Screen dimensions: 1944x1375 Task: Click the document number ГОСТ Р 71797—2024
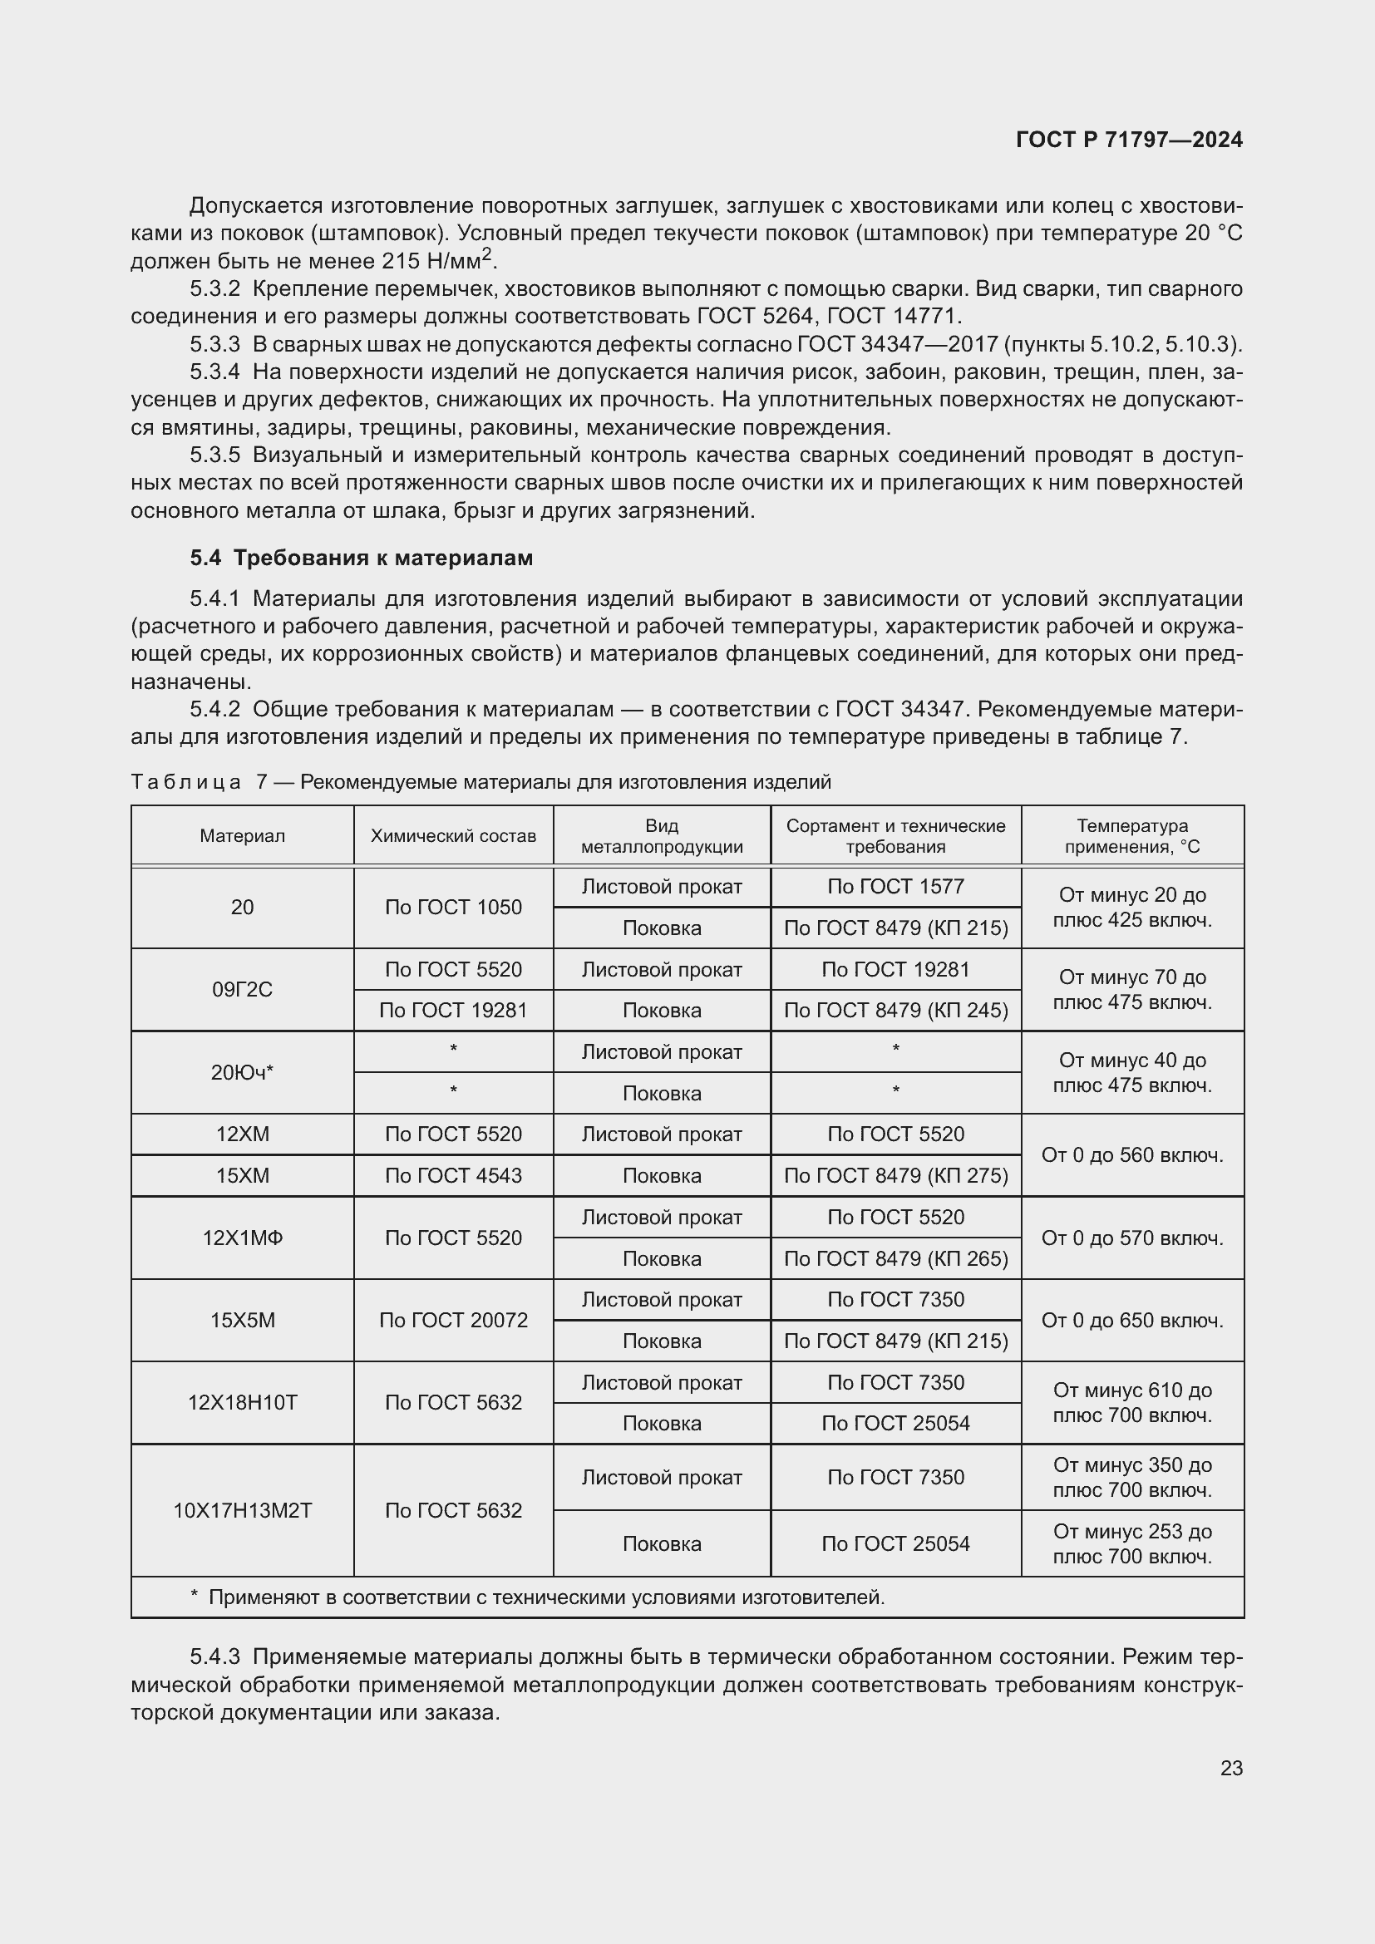coord(1129,140)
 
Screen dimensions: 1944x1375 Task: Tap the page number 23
coord(1231,1768)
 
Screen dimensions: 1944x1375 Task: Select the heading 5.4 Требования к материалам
coord(362,557)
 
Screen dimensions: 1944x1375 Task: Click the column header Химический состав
coord(453,835)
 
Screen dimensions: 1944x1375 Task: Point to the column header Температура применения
coord(1132,835)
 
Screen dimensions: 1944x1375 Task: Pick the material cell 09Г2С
coord(242,989)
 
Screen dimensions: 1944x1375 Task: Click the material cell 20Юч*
coord(242,1072)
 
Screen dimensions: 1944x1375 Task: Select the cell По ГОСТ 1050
coord(453,907)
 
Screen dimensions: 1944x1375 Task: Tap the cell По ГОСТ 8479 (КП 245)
coord(896,1010)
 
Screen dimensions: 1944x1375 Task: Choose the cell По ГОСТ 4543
coord(453,1175)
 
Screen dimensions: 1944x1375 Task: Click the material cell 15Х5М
coord(242,1320)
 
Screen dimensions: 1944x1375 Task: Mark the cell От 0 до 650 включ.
coord(1132,1320)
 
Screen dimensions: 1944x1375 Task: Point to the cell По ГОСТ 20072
coord(453,1320)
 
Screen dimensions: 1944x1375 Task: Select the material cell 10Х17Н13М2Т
coord(242,1510)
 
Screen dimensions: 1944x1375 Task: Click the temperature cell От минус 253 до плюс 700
coord(1132,1543)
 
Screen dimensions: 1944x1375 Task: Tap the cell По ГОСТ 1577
coord(896,887)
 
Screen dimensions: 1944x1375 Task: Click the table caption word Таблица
coord(185,781)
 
